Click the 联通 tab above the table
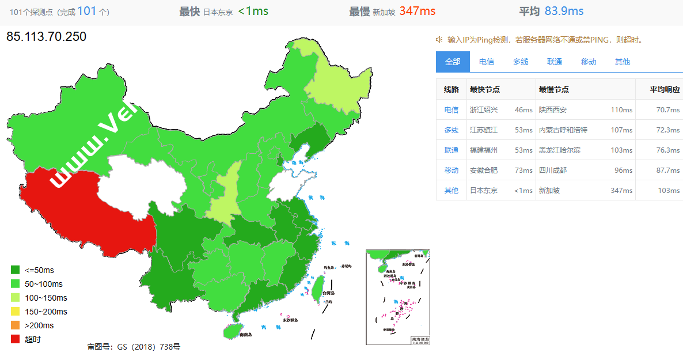click(555, 62)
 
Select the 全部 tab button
click(453, 62)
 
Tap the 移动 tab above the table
click(589, 62)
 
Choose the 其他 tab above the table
click(622, 62)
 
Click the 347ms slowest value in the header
click(417, 11)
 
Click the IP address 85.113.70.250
click(46, 37)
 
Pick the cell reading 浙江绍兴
click(484, 109)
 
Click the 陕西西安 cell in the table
click(553, 109)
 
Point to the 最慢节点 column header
click(554, 89)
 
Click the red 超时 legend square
click(16, 339)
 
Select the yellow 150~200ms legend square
click(16, 312)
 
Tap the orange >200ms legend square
click(16, 325)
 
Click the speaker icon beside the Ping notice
click(439, 40)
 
